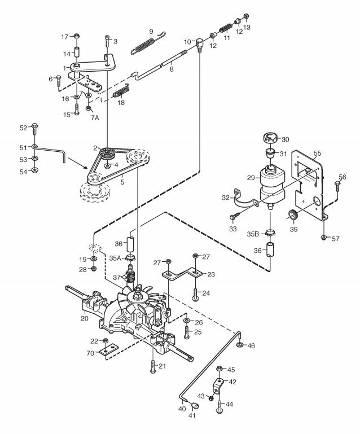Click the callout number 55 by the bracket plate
pos(317,153)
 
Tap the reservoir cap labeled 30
pos(270,138)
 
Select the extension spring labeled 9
pos(148,43)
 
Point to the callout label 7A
pos(95,117)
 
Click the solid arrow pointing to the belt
pos(78,163)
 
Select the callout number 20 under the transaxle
pos(85,318)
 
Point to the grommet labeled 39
pos(293,215)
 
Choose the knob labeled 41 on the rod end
pos(195,406)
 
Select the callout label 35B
pos(253,234)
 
